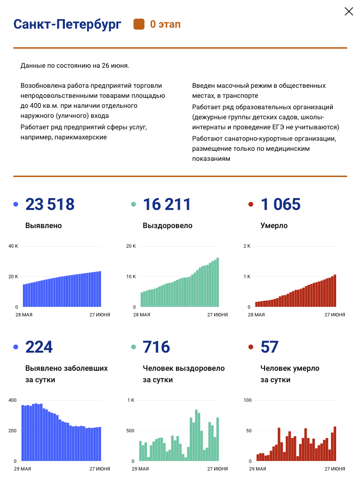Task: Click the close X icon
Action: (349, 12)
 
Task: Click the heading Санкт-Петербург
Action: (67, 24)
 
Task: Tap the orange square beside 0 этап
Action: (139, 24)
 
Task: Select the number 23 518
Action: (50, 204)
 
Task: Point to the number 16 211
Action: (167, 204)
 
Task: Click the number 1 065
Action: (281, 204)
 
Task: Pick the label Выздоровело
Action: (167, 225)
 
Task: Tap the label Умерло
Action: (274, 225)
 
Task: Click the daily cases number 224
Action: (39, 347)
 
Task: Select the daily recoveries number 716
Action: (156, 347)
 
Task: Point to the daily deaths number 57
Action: (269, 347)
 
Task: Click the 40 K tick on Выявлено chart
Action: (13, 246)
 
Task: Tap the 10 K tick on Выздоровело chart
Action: (131, 277)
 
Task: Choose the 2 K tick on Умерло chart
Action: (247, 246)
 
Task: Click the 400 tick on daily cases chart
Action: (12, 400)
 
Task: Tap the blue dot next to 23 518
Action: (16, 205)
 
